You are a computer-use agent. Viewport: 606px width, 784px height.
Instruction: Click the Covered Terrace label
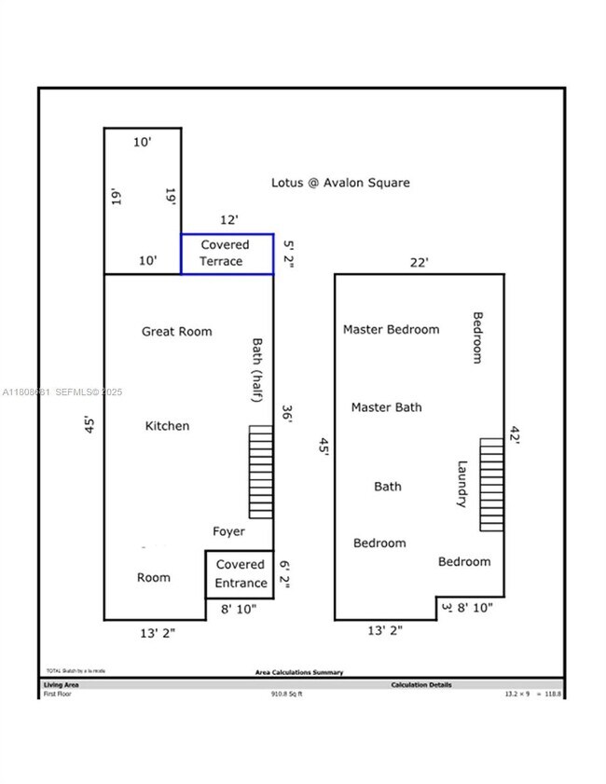click(x=226, y=254)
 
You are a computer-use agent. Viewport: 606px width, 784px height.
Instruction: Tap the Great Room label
click(x=176, y=331)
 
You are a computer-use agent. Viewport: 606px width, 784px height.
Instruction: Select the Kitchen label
click(x=167, y=426)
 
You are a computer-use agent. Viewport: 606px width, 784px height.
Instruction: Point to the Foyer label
click(x=228, y=531)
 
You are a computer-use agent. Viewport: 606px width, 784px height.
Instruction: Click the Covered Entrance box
click(x=240, y=574)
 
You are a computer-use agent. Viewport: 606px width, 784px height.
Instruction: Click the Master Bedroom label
click(x=391, y=329)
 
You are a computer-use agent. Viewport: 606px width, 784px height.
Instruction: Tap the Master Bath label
click(x=386, y=407)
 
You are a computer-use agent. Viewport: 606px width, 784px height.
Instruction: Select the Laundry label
click(x=461, y=484)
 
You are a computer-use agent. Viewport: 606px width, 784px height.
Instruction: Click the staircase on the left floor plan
click(x=261, y=472)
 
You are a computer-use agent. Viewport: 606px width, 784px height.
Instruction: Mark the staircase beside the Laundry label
click(x=491, y=484)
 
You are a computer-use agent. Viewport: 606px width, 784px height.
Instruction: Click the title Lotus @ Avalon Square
click(x=340, y=183)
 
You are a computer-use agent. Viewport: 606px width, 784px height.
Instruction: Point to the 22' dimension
click(x=420, y=263)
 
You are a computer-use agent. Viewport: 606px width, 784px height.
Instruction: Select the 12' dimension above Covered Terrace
click(x=228, y=219)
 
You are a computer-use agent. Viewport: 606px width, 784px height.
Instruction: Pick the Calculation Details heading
click(x=420, y=684)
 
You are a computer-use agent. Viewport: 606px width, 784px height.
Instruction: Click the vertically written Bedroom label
click(x=477, y=337)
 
